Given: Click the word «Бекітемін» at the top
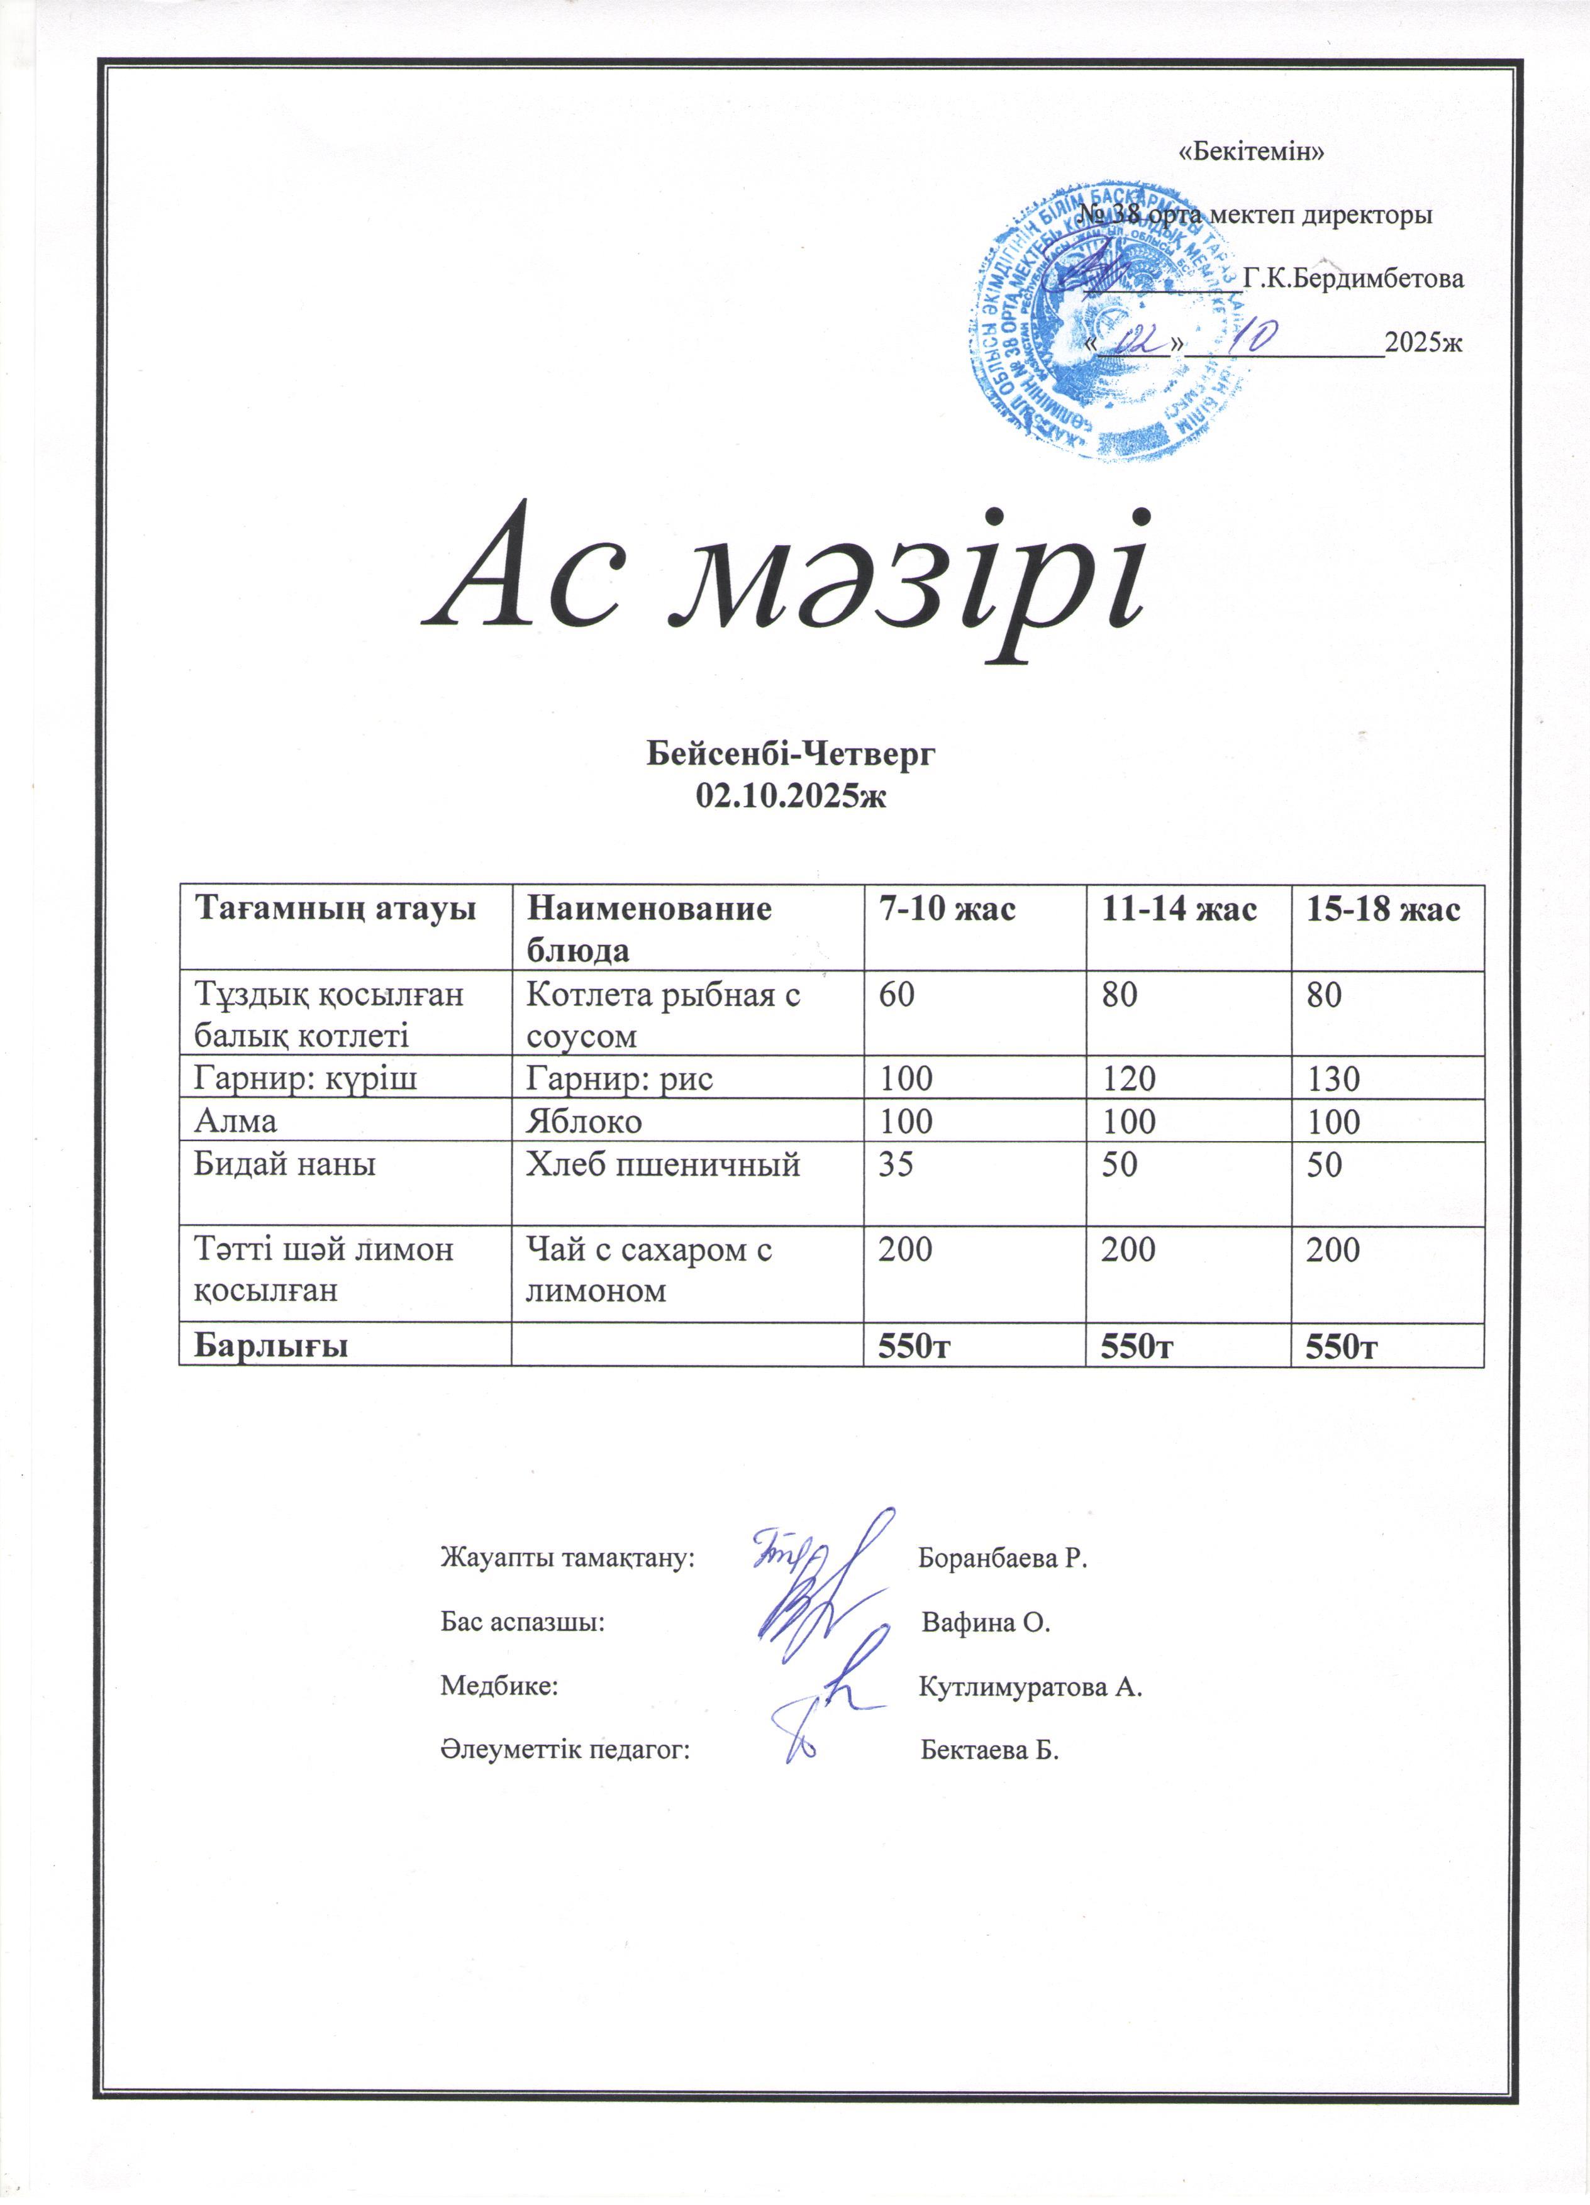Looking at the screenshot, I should click(x=1252, y=152).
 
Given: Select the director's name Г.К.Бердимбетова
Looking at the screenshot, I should click(x=1354, y=280).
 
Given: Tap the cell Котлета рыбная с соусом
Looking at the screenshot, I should click(x=663, y=1015).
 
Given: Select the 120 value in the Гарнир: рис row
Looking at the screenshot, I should click(x=1128, y=1078).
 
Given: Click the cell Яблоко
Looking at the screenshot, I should click(x=584, y=1121).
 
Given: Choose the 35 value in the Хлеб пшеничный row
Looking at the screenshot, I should click(x=896, y=1164).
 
